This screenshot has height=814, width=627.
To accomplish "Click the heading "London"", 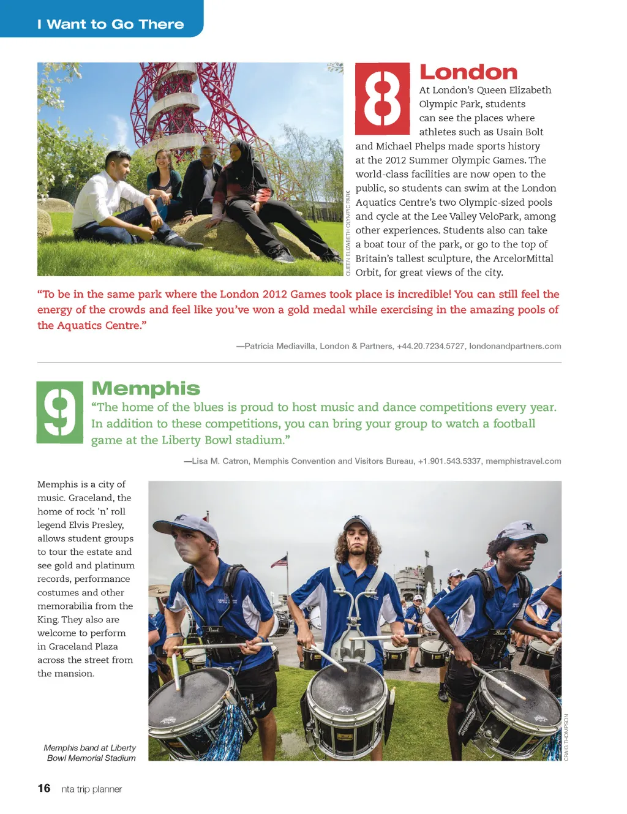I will click(468, 72).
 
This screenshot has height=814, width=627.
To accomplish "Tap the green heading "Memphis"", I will click(146, 388).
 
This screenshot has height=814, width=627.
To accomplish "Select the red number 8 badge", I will click(383, 99).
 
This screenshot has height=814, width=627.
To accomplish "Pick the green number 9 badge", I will click(60, 412).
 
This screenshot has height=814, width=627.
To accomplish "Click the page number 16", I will click(44, 788).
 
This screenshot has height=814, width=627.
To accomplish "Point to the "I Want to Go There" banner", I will click(110, 24).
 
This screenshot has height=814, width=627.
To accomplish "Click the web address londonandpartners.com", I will click(515, 346).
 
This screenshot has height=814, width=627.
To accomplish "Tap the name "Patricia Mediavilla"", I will click(280, 346).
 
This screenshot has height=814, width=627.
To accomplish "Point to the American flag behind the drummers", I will click(279, 561).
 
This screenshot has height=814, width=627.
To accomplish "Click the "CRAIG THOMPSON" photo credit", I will click(566, 737).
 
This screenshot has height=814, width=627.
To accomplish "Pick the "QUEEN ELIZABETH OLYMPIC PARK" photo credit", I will click(348, 233).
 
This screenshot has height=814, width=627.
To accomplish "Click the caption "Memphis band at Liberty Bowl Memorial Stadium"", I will click(90, 753).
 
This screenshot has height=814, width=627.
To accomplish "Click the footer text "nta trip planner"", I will click(92, 789).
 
